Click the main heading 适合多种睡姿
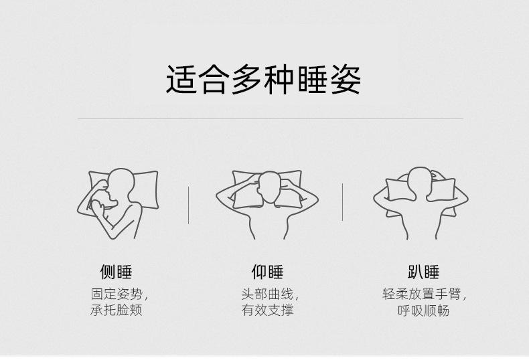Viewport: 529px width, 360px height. pyautogui.click(x=264, y=80)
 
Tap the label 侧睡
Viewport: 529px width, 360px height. pyautogui.click(x=116, y=272)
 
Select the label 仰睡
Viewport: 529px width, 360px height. pyautogui.click(x=267, y=272)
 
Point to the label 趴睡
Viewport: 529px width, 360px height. pyautogui.click(x=423, y=272)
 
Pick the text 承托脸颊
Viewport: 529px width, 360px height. pyautogui.click(x=116, y=311)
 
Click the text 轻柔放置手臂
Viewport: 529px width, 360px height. pyautogui.click(x=421, y=294)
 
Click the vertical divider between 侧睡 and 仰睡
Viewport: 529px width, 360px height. pyautogui.click(x=189, y=205)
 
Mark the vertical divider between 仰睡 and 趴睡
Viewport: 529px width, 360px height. pyautogui.click(x=342, y=201)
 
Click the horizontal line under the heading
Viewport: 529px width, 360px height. pyautogui.click(x=270, y=119)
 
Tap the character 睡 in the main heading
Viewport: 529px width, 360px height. pyautogui.click(x=313, y=80)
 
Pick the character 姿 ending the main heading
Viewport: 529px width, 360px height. pyautogui.click(x=346, y=80)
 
